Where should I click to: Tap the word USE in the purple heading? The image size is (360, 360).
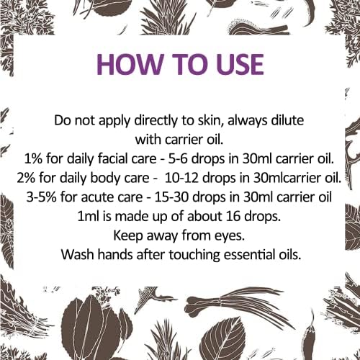[228, 63]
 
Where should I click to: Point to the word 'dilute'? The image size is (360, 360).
[286, 121]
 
